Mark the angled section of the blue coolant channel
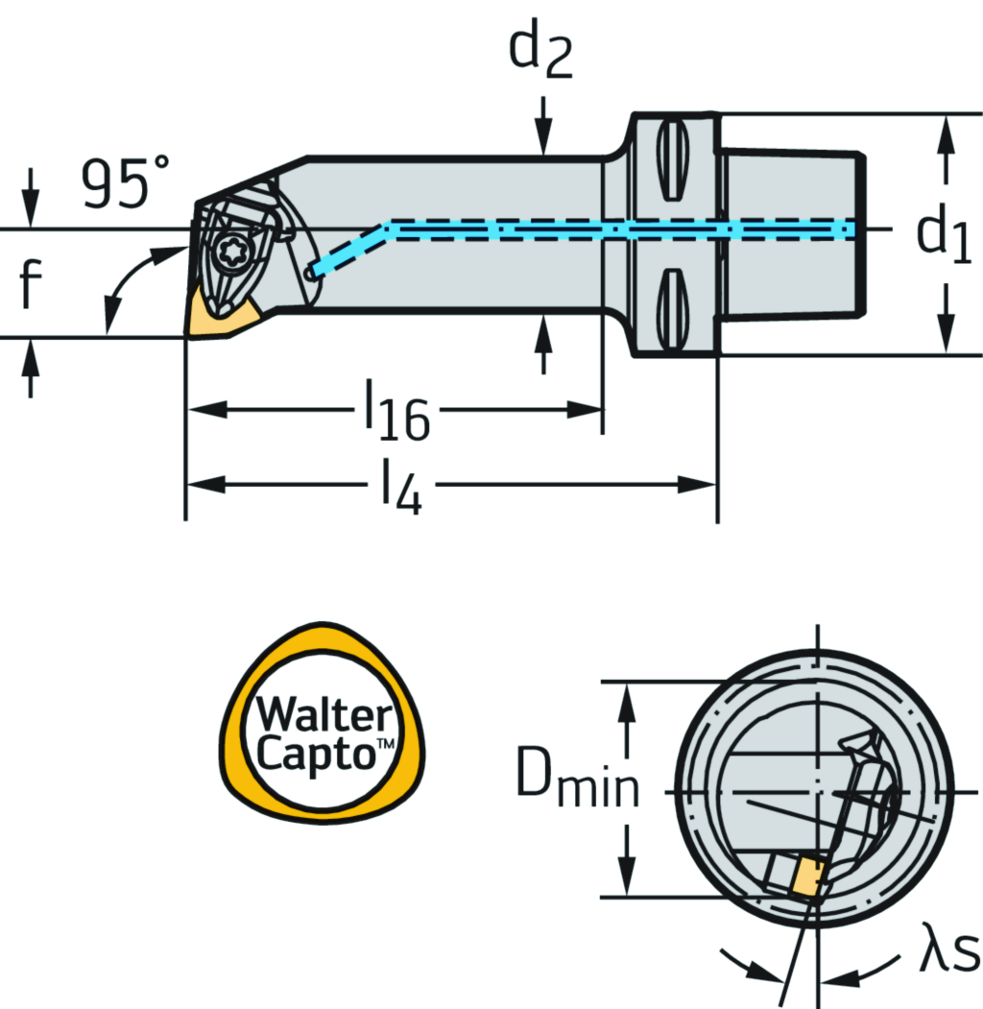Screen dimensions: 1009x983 (x=351, y=249)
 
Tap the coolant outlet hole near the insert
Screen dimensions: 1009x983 (x=309, y=273)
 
